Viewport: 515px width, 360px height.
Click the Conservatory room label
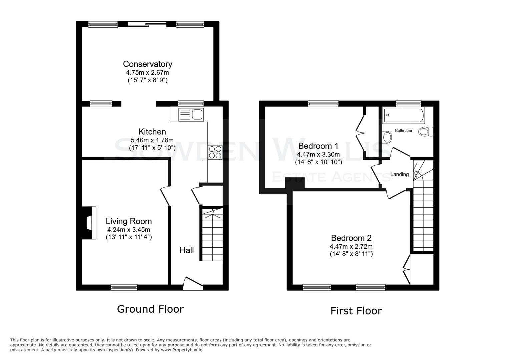point(147,64)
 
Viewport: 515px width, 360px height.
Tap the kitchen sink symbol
point(191,114)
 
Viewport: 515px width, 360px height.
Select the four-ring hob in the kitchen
point(215,152)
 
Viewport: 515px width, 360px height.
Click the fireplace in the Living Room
point(89,223)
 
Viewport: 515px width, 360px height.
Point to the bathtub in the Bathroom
point(403,115)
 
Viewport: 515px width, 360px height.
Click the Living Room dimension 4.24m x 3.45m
point(128,230)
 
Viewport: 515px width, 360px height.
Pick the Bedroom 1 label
point(318,146)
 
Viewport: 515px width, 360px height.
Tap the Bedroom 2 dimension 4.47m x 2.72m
point(351,247)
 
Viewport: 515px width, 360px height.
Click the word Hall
point(187,250)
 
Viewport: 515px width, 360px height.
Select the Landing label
point(399,174)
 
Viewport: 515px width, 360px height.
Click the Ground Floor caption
point(150,309)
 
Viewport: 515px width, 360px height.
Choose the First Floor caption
point(356,311)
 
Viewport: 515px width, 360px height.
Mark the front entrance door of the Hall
point(193,283)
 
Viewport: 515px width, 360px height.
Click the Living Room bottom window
point(124,287)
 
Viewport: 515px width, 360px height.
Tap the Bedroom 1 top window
point(323,104)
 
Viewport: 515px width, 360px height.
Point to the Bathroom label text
point(403,131)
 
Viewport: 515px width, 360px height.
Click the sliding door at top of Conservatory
point(147,24)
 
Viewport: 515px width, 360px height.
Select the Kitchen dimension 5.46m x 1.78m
point(152,140)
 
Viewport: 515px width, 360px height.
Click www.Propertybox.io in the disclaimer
point(182,350)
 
